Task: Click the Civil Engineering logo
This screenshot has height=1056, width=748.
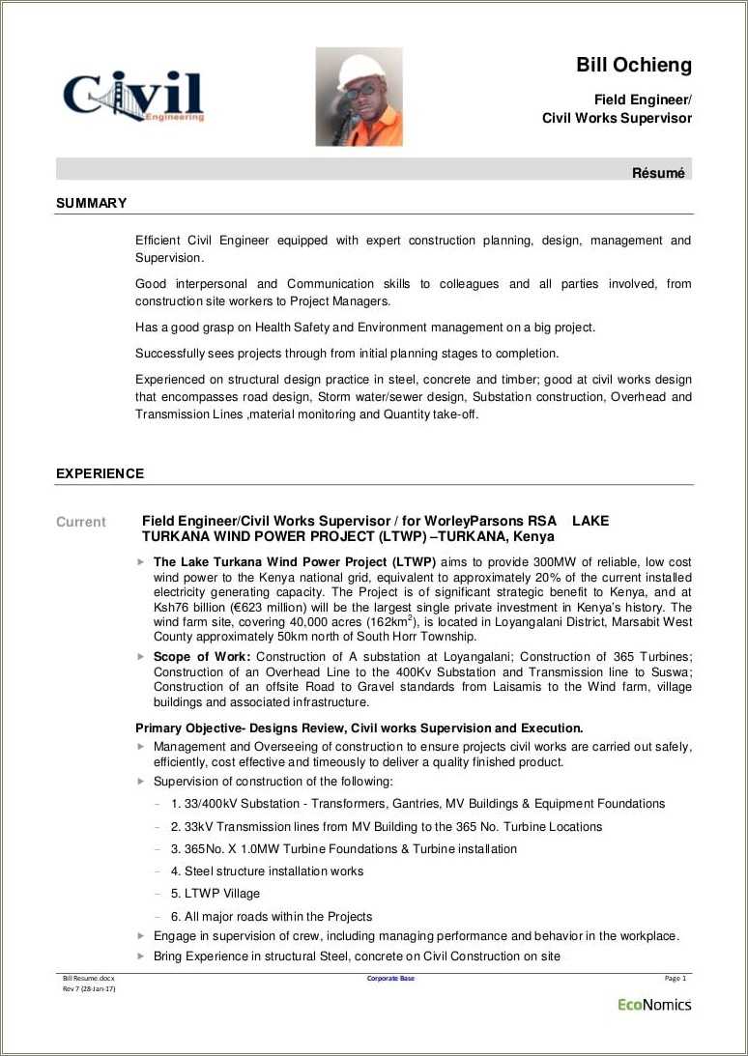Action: [x=133, y=96]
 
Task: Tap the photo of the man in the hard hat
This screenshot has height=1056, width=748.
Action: [x=359, y=97]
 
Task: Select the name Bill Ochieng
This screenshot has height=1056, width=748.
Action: [x=634, y=66]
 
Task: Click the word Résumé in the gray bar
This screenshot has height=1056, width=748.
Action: [x=658, y=173]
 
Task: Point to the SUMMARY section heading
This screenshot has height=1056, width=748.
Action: [x=91, y=203]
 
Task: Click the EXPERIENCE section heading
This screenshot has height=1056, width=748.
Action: [x=100, y=473]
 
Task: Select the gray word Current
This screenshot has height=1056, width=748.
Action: [x=80, y=522]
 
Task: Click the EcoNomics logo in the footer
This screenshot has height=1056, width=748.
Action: [x=654, y=1004]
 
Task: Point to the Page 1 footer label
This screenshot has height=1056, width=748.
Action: [x=675, y=979]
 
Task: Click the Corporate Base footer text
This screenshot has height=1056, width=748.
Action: [x=390, y=979]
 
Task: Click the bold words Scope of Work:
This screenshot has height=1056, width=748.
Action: [x=202, y=657]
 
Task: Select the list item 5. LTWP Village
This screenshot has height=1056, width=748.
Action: [x=216, y=894]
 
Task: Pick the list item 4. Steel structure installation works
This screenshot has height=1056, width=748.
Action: [x=267, y=871]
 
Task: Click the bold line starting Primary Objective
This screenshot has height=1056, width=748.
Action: [x=359, y=728]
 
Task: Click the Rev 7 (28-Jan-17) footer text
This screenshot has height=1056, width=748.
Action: [x=89, y=989]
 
